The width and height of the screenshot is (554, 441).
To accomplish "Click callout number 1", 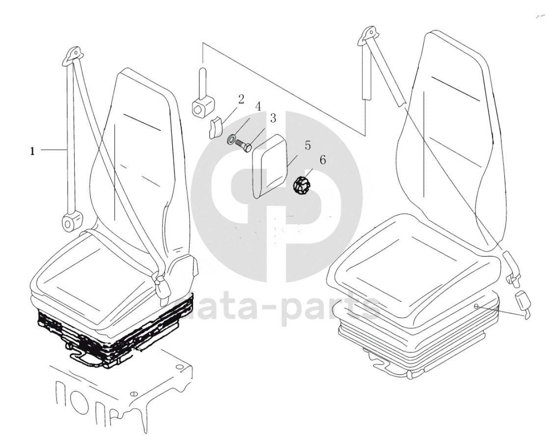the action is pyautogui.click(x=32, y=152).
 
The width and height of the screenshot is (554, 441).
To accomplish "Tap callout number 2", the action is pyautogui.click(x=241, y=99).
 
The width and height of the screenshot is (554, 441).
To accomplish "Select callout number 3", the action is pyautogui.click(x=273, y=118).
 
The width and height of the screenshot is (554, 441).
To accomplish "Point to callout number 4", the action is pyautogui.click(x=258, y=106).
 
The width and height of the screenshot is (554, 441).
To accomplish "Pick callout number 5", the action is pyautogui.click(x=307, y=145).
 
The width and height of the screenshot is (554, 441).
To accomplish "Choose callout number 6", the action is pyautogui.click(x=323, y=160).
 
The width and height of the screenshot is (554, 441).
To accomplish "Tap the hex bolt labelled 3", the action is pyautogui.click(x=243, y=146).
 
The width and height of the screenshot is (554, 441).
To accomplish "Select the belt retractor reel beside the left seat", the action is pyautogui.click(x=71, y=221).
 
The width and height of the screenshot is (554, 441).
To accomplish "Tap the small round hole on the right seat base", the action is pyautogui.click(x=476, y=306).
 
